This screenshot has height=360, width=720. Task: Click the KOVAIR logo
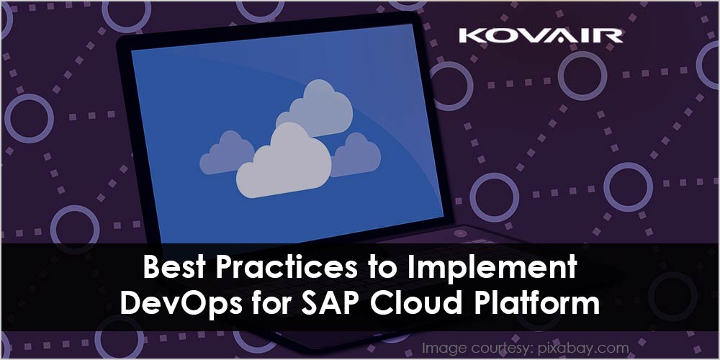coord(541,36)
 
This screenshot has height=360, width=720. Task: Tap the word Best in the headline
coord(171,267)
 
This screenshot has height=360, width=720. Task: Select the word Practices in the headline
coord(280,267)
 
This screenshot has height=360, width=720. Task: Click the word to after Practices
coord(379,268)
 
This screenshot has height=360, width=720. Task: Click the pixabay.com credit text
coord(582,348)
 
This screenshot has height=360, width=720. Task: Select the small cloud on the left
coord(226,153)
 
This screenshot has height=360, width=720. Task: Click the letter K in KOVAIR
coord(471,36)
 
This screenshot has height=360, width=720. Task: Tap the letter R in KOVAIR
coord(610,36)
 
